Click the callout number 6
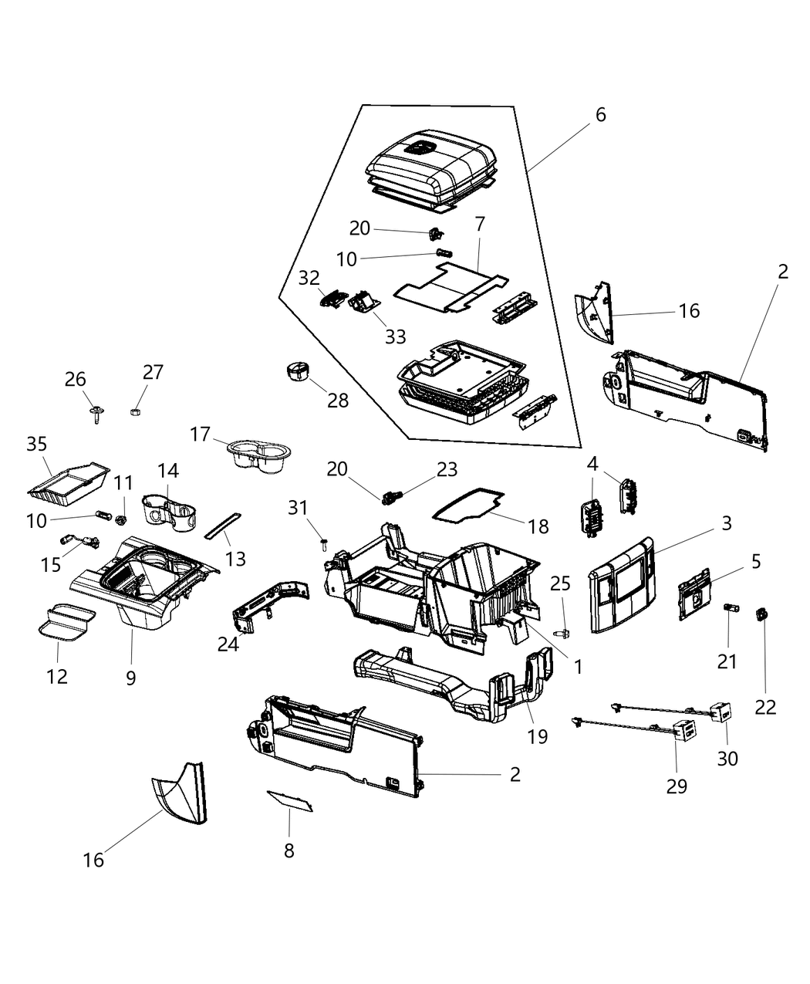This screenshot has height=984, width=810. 600,115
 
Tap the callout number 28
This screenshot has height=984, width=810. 337,401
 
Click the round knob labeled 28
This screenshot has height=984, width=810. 296,370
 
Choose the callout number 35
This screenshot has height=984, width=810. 37,445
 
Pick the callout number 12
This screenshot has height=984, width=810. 57,677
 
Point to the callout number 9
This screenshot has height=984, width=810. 131,678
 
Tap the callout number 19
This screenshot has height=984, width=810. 538,736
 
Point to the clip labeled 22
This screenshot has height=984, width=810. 764,614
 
